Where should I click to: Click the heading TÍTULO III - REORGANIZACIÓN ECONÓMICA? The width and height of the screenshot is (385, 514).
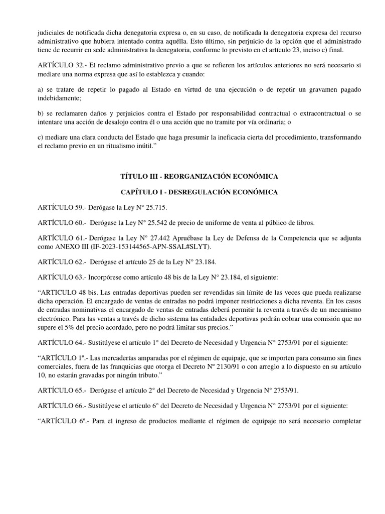[192, 176]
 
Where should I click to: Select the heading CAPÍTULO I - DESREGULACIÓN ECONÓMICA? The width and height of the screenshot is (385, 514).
[192, 192]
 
